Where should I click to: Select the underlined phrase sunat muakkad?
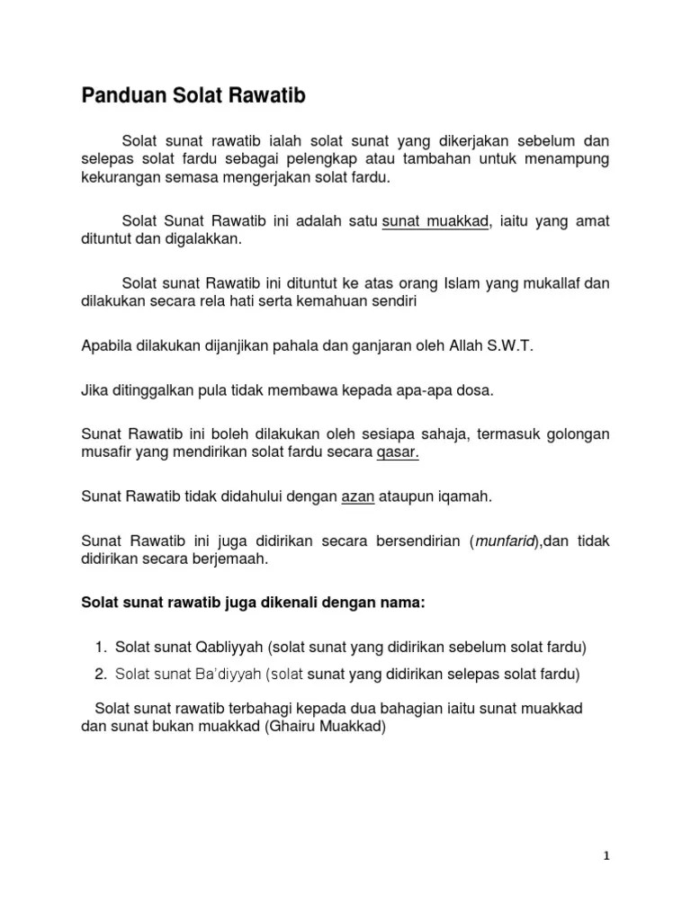coord(435,221)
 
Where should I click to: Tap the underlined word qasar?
coord(398,452)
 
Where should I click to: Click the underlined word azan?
coord(357,496)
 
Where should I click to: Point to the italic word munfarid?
coord(504,540)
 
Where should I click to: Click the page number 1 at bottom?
coord(606,856)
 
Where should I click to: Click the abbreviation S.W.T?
coord(508,346)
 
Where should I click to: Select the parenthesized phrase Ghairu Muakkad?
coord(326,728)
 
